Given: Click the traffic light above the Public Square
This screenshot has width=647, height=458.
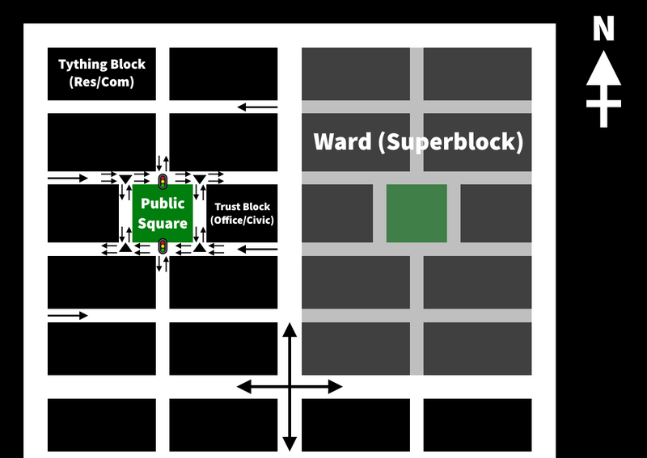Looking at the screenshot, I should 163,180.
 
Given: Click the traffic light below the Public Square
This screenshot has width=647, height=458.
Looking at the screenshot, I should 163,246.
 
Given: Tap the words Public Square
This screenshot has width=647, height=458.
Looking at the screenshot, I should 163,213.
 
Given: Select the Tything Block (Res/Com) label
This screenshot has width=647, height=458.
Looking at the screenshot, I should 102,73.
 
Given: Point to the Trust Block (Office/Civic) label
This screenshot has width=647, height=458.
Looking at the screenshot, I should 242,213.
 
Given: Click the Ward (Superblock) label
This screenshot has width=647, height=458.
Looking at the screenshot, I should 418,142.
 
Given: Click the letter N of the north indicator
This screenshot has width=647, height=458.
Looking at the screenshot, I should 603,30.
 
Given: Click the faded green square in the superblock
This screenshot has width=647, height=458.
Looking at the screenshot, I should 417,213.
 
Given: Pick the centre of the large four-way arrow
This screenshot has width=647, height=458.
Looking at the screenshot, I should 290,387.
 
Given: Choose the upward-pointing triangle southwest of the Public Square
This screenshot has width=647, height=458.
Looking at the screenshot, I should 125,247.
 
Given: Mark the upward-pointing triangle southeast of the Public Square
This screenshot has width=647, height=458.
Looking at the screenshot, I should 200,247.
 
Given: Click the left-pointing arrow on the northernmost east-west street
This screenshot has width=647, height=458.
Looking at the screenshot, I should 257,107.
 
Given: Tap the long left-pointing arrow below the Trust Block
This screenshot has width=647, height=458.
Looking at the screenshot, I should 259,249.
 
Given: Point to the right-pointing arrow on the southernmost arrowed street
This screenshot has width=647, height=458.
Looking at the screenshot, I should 68,316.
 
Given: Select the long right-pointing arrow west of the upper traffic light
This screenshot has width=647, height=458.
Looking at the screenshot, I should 68,177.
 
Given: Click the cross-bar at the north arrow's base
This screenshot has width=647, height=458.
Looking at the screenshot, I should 603,103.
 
